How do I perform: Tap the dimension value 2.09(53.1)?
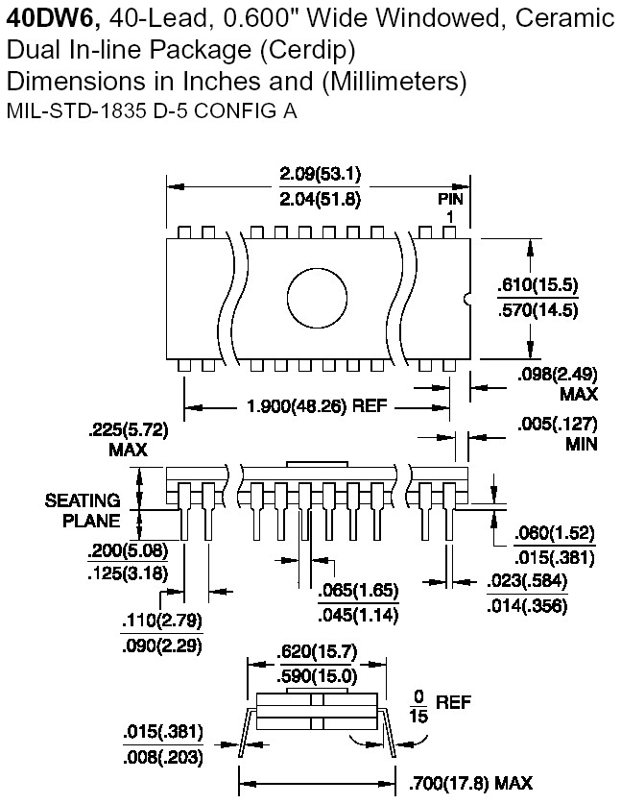(x=321, y=174)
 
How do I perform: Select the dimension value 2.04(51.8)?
(x=321, y=200)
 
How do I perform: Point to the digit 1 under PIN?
(x=449, y=217)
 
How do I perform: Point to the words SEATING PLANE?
(x=83, y=511)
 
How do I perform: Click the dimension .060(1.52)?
(x=554, y=533)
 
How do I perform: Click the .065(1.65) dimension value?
(x=357, y=589)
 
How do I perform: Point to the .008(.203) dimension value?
(x=161, y=755)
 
